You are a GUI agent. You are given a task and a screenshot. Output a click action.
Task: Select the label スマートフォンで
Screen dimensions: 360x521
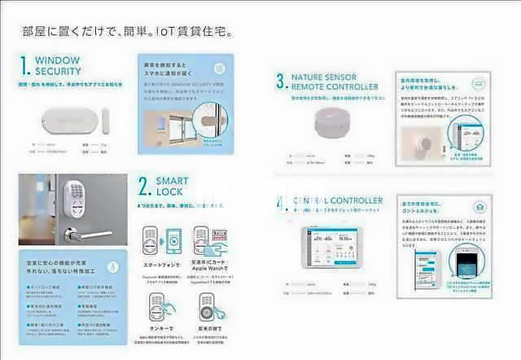(x=158, y=265)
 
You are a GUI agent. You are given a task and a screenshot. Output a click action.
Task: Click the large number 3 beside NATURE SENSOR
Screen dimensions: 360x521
(x=280, y=80)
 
